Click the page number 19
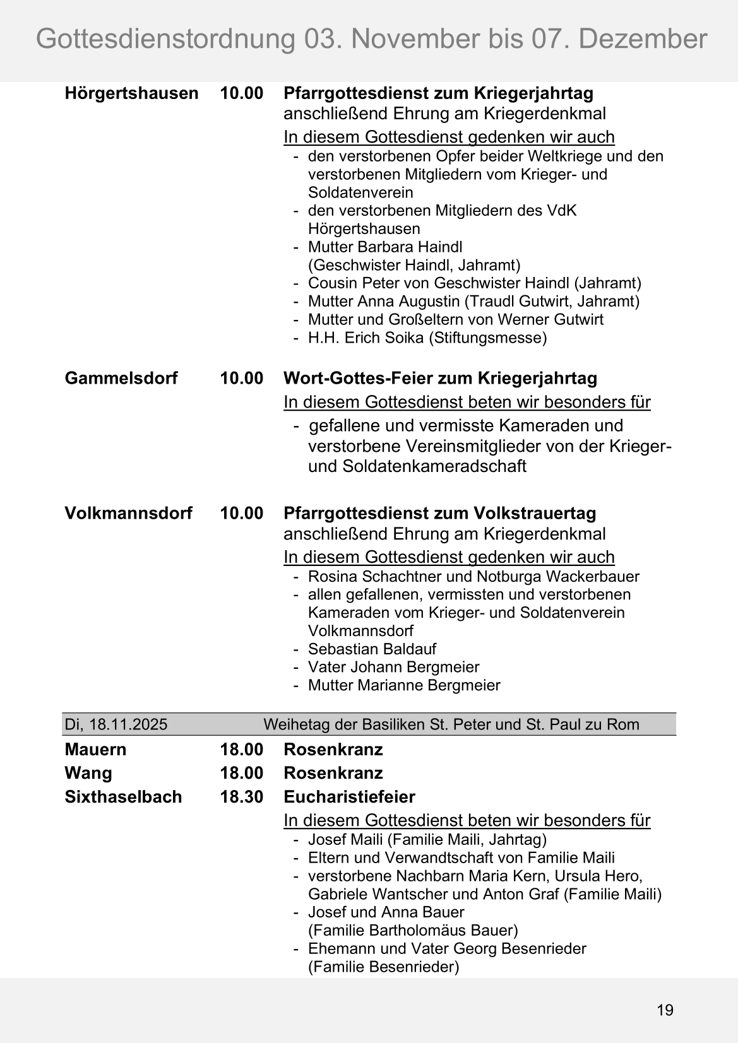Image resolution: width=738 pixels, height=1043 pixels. click(665, 1010)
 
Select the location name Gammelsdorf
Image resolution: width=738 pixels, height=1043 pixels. click(121, 379)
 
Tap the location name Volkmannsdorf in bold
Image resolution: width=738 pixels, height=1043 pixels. click(128, 513)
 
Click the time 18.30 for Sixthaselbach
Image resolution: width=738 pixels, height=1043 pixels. click(241, 797)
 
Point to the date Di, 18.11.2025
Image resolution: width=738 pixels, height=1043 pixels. click(116, 724)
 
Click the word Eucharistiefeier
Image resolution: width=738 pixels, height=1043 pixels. click(349, 797)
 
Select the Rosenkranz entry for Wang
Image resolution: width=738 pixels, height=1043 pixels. click(333, 773)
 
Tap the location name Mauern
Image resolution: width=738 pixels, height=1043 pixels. click(95, 750)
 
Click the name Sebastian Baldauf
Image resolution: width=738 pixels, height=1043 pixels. click(372, 649)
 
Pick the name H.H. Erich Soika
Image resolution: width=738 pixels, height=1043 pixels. click(366, 338)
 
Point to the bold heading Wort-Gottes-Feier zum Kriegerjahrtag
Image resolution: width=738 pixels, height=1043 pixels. click(440, 379)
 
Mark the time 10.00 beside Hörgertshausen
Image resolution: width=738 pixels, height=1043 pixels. click(241, 93)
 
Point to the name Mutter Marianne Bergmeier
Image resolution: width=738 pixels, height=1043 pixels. click(404, 685)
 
